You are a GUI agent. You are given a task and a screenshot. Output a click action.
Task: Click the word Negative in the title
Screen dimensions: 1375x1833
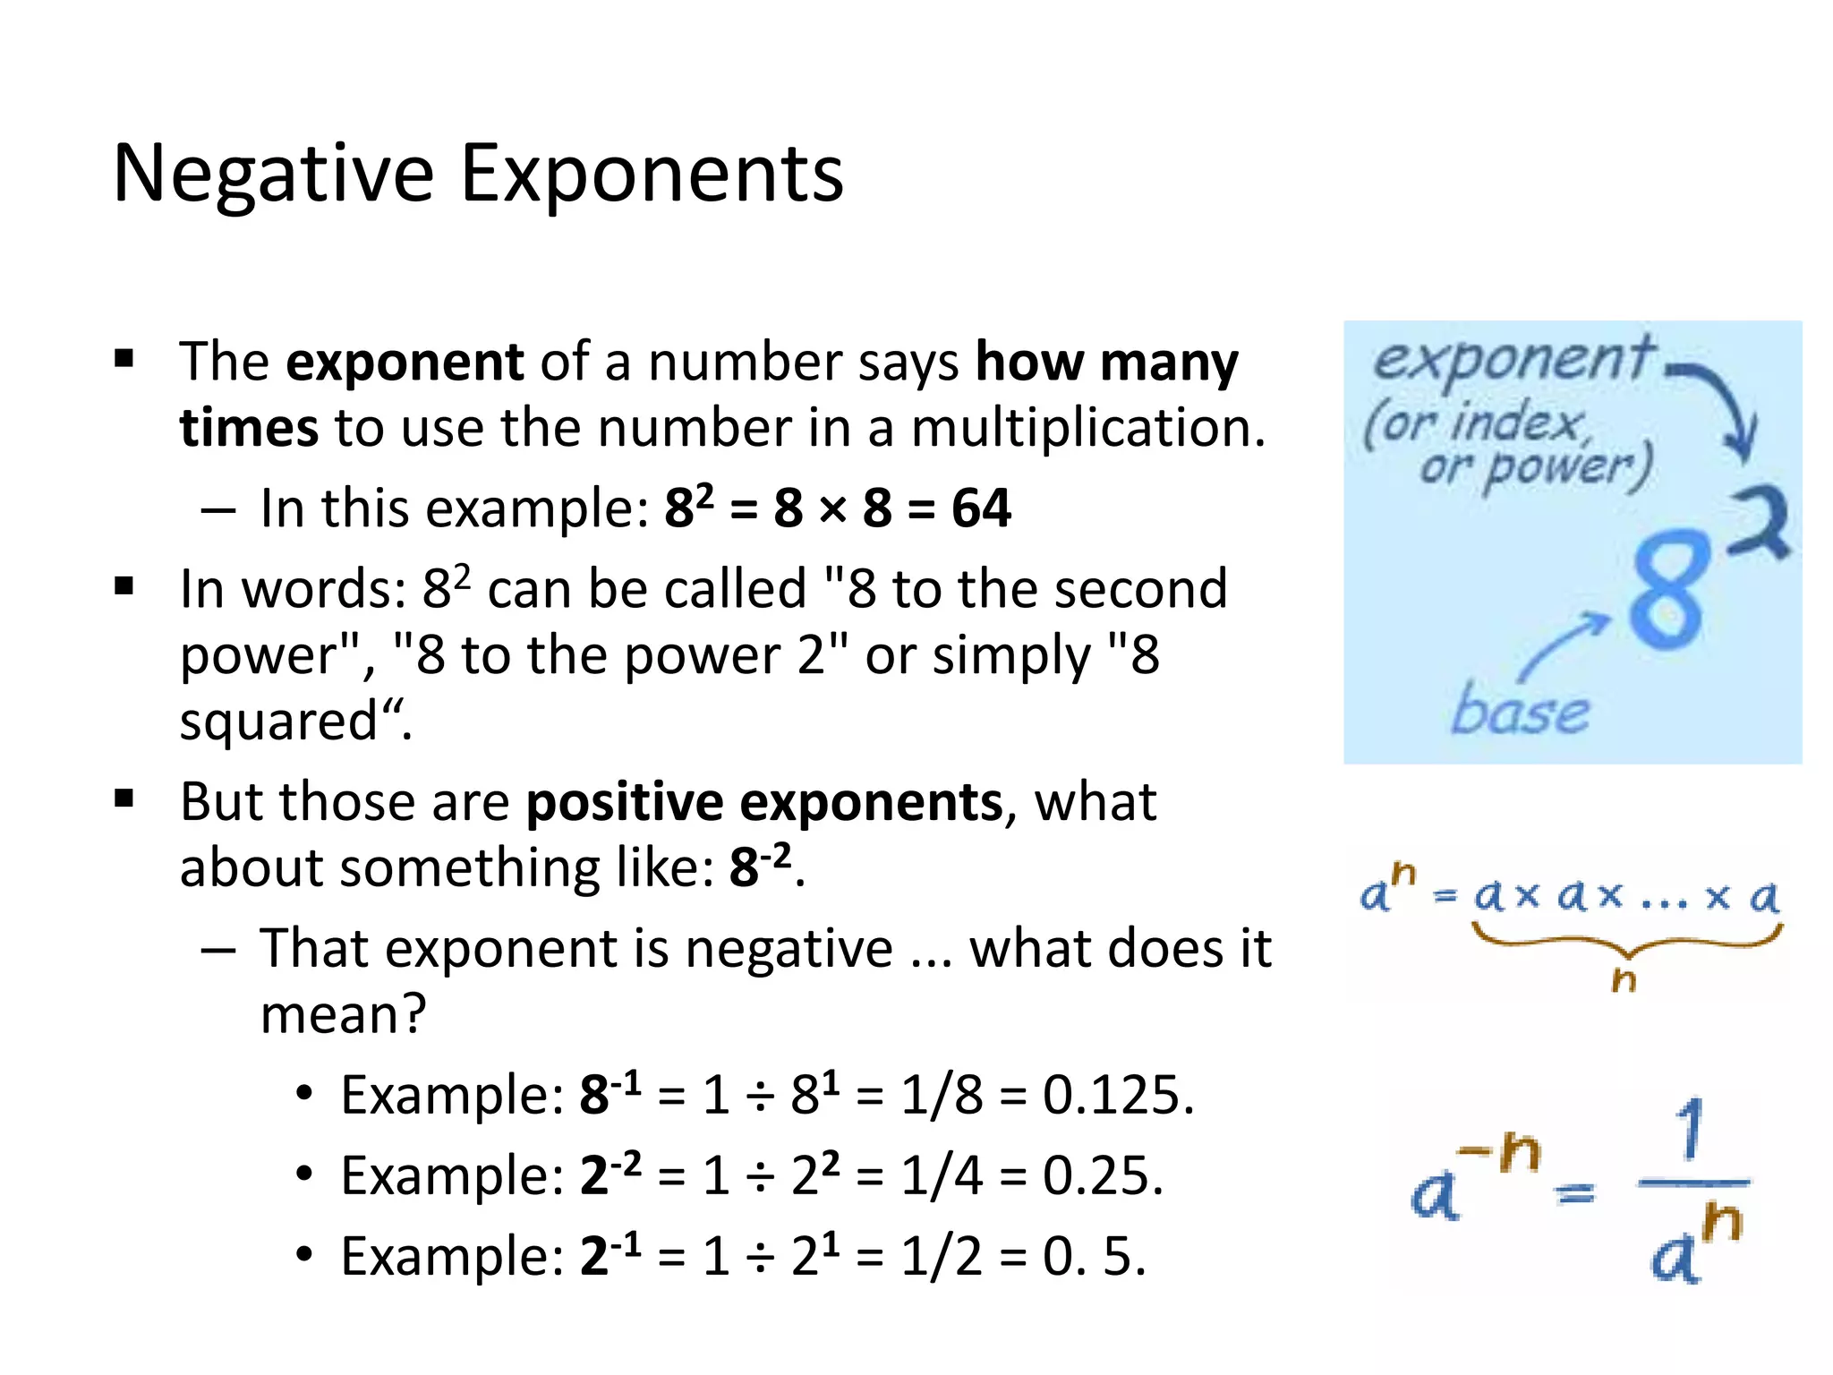point(273,175)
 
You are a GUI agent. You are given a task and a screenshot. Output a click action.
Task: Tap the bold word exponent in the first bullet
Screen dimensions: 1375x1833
point(405,363)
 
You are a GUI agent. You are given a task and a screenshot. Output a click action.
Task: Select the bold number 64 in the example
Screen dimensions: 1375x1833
point(981,508)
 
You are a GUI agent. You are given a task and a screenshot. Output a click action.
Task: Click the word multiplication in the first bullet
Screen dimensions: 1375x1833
point(1087,428)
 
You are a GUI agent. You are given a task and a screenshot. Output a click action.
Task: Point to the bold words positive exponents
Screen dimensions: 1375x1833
point(764,802)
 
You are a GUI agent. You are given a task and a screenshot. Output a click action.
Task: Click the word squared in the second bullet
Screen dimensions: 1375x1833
point(279,722)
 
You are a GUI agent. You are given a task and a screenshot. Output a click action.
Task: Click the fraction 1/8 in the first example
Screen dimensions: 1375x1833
point(942,1095)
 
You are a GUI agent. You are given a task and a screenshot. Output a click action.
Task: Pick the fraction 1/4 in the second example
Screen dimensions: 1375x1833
point(942,1175)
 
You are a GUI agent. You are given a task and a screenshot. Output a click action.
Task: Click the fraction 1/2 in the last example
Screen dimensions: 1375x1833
point(942,1256)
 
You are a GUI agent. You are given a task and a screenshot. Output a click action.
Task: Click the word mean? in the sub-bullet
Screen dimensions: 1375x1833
point(344,1015)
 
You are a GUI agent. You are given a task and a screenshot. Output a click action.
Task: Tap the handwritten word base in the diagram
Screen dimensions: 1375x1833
point(1520,712)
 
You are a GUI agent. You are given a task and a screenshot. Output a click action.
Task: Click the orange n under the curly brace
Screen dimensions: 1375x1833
point(1624,980)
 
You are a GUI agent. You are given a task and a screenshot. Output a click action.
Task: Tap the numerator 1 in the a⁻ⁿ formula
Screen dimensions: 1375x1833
point(1690,1130)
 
